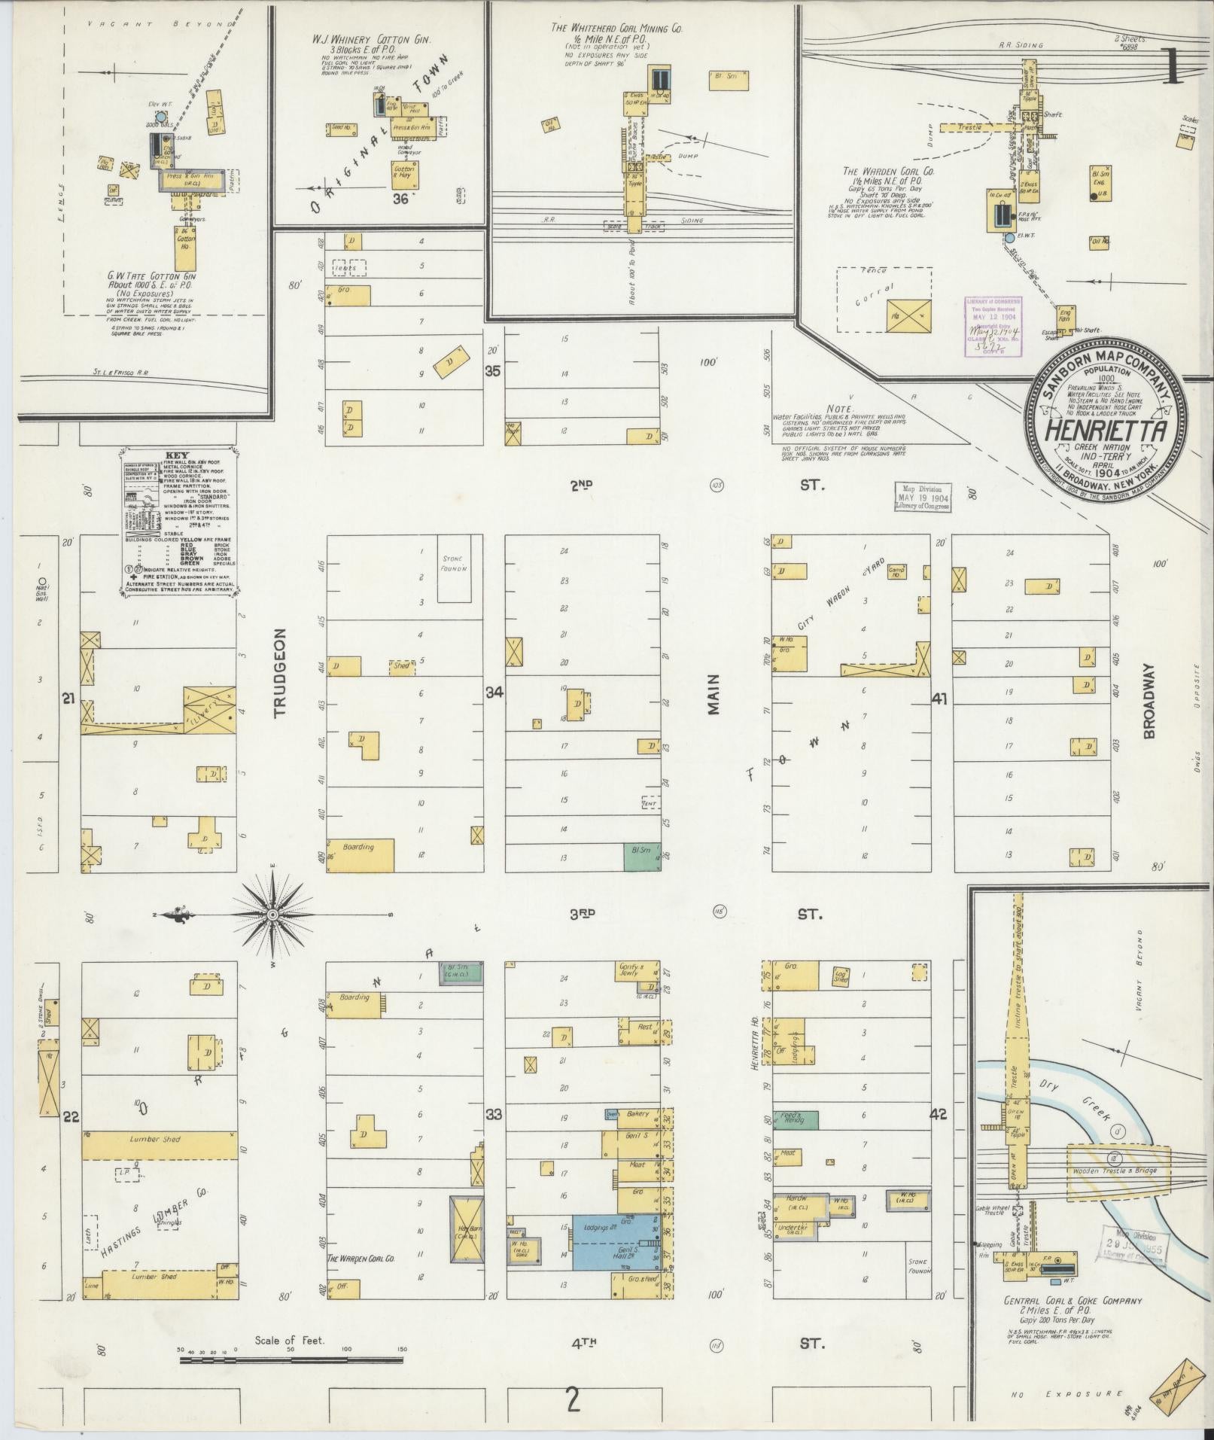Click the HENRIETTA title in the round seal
[x=1106, y=431]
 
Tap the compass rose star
[x=273, y=915]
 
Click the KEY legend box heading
[x=178, y=456]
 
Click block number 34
[x=494, y=692]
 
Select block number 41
[x=940, y=699]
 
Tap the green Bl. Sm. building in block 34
[x=641, y=856]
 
